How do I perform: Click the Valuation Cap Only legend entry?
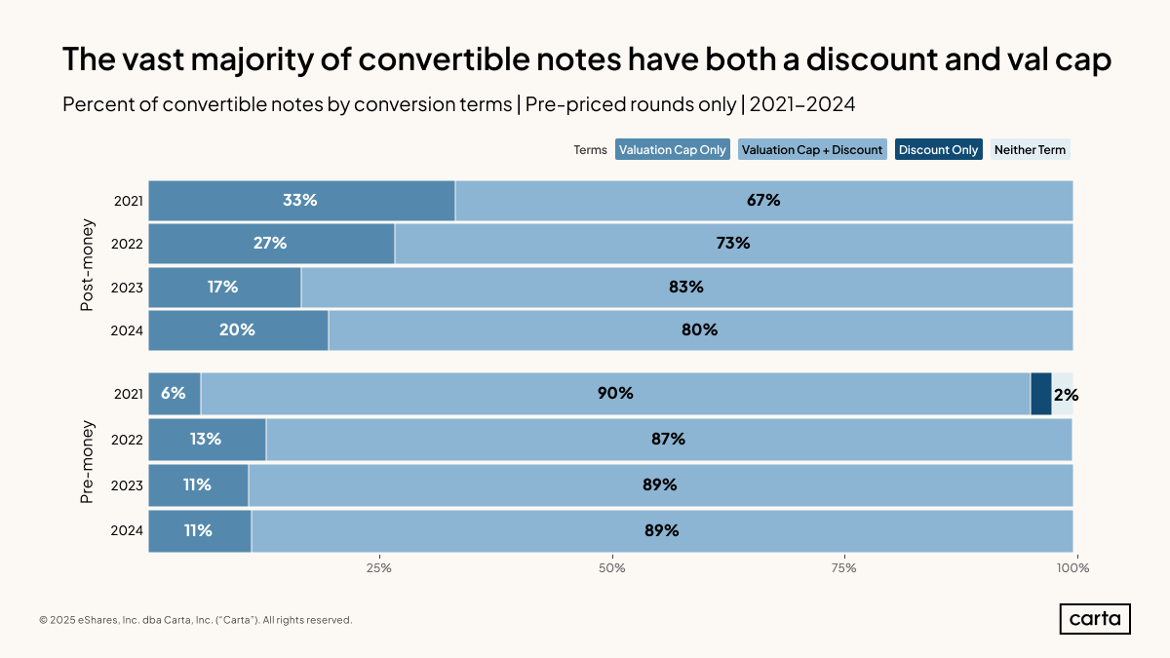click(x=673, y=150)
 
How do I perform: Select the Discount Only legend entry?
click(x=938, y=150)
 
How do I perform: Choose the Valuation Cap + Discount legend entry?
click(x=812, y=150)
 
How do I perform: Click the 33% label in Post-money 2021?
click(x=300, y=201)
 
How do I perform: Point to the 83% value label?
click(x=685, y=287)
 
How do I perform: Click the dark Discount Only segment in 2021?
click(x=1040, y=394)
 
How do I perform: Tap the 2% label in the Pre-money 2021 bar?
click(x=1066, y=395)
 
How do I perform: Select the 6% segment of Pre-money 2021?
click(x=174, y=394)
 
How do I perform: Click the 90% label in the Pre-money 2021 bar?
click(x=615, y=394)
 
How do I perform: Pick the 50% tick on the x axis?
click(x=611, y=567)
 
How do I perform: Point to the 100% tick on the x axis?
click(x=1073, y=567)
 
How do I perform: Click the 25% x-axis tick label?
click(x=379, y=567)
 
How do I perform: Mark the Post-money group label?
click(x=87, y=265)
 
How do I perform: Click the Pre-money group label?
click(x=87, y=462)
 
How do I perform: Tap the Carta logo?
click(x=1095, y=619)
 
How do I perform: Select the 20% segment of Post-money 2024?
click(x=238, y=329)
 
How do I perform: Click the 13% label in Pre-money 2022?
click(x=205, y=439)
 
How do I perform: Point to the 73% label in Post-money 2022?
click(x=732, y=244)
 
